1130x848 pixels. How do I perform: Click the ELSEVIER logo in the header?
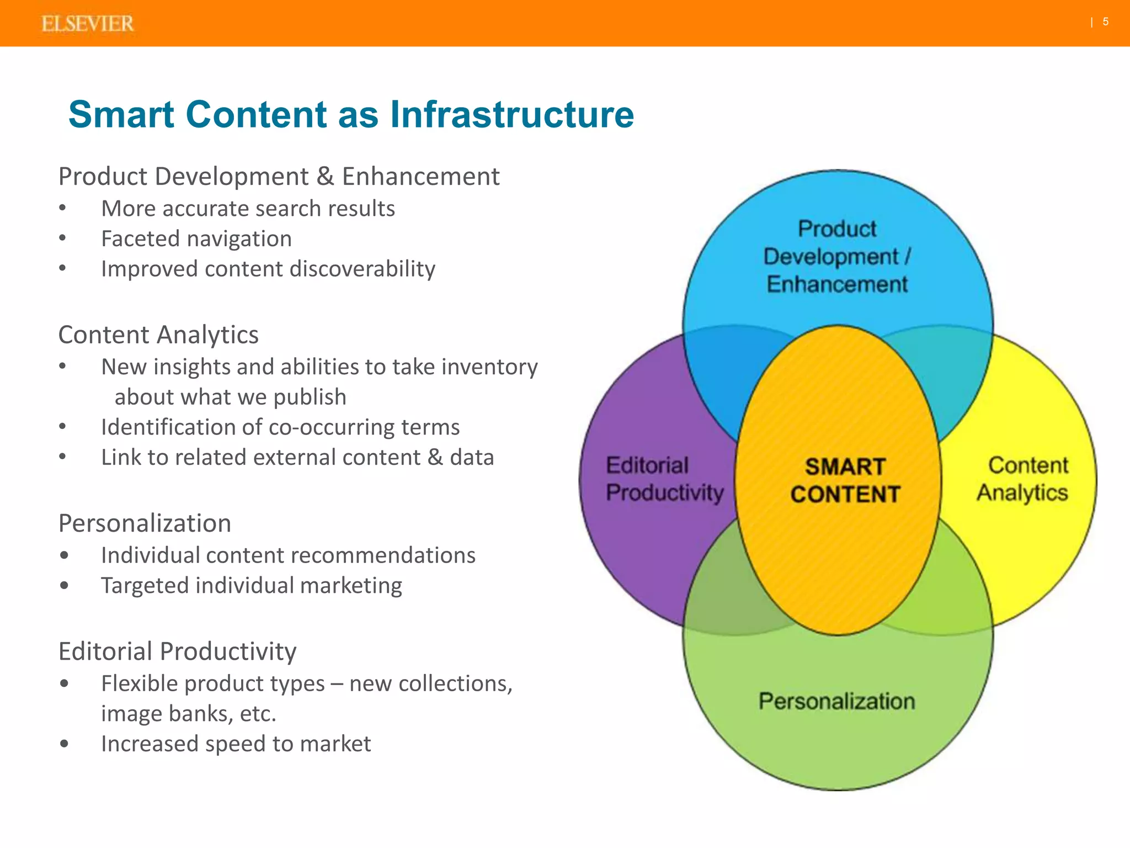87,24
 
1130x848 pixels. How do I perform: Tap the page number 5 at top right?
1106,22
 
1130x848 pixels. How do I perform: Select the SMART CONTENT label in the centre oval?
845,480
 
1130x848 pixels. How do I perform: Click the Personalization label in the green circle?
836,701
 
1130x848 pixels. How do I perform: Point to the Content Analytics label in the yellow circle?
1024,479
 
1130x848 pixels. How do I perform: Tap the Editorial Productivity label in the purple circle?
664,479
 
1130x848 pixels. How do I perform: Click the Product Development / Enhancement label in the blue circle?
837,256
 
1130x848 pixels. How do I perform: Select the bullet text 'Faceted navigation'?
196,239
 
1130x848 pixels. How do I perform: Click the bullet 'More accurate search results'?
248,209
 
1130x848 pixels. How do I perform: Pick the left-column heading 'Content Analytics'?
158,335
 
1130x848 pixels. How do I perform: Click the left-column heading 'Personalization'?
145,523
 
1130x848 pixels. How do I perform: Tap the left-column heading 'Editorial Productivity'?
177,651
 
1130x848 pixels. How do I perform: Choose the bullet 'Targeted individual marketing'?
251,585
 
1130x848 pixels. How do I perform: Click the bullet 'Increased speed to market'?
236,744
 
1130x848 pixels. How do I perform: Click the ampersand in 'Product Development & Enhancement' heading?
325,177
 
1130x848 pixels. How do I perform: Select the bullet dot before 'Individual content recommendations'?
65,555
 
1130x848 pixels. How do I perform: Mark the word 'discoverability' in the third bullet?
363,269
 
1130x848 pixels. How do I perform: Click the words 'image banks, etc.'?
188,714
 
